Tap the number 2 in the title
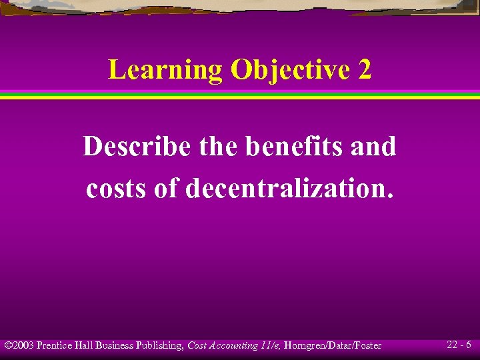364,69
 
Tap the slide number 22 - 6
459,345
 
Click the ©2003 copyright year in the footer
19,345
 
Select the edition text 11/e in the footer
271,345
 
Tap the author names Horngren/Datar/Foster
333,345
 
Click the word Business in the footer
115,345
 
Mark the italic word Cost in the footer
198,345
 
